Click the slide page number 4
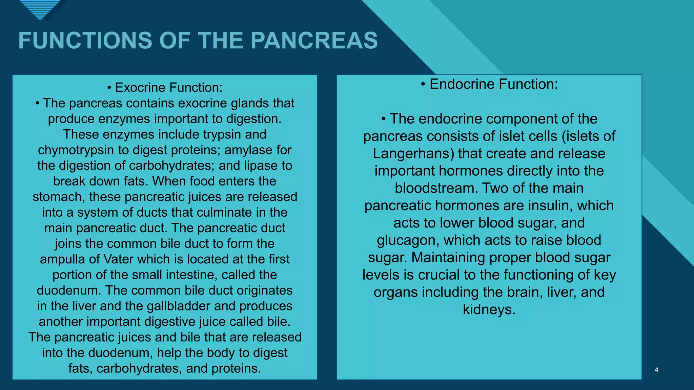point(656,370)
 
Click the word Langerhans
point(413,154)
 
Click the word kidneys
point(489,309)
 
